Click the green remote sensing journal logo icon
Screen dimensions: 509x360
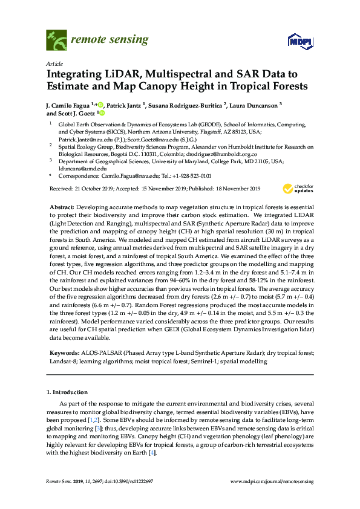tap(56, 40)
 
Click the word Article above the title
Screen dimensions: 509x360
tap(54, 63)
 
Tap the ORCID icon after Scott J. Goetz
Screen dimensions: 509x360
tap(102, 112)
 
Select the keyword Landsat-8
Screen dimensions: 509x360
tap(61, 361)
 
